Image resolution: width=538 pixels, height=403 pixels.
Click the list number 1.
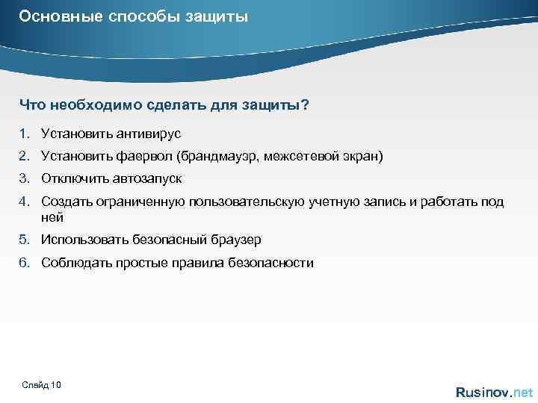[x=24, y=134]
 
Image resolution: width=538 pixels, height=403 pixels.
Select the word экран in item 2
[x=362, y=157]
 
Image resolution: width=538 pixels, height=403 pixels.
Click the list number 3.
[x=24, y=179]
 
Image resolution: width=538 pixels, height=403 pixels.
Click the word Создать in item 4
[x=64, y=202]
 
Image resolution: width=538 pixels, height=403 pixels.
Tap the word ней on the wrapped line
[x=52, y=217]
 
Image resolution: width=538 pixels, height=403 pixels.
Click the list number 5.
[x=24, y=240]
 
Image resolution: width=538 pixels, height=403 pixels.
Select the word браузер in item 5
[x=236, y=240]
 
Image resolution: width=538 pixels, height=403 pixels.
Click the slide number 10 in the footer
[x=57, y=384]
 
